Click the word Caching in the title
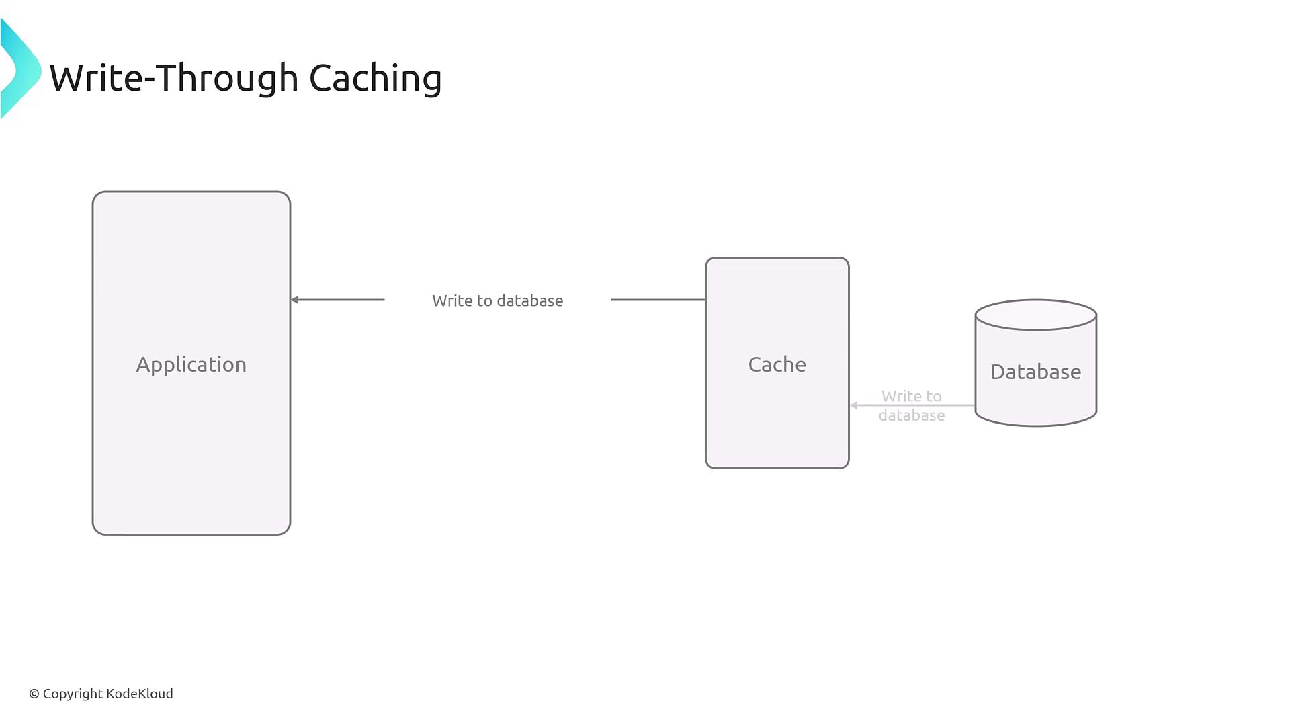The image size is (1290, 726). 375,79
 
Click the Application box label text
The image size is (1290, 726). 191,364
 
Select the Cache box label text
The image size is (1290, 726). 777,364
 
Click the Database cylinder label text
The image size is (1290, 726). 1035,372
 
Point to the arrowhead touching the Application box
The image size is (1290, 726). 295,300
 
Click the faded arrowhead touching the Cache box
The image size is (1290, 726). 854,405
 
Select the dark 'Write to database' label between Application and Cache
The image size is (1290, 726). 497,300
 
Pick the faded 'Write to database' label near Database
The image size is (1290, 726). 912,405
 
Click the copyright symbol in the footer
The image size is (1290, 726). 34,694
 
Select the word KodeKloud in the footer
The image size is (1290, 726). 140,694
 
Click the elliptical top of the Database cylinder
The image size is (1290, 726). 1035,315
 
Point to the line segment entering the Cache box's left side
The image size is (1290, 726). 658,300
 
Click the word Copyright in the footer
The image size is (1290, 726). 73,694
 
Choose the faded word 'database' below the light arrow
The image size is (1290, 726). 912,415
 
